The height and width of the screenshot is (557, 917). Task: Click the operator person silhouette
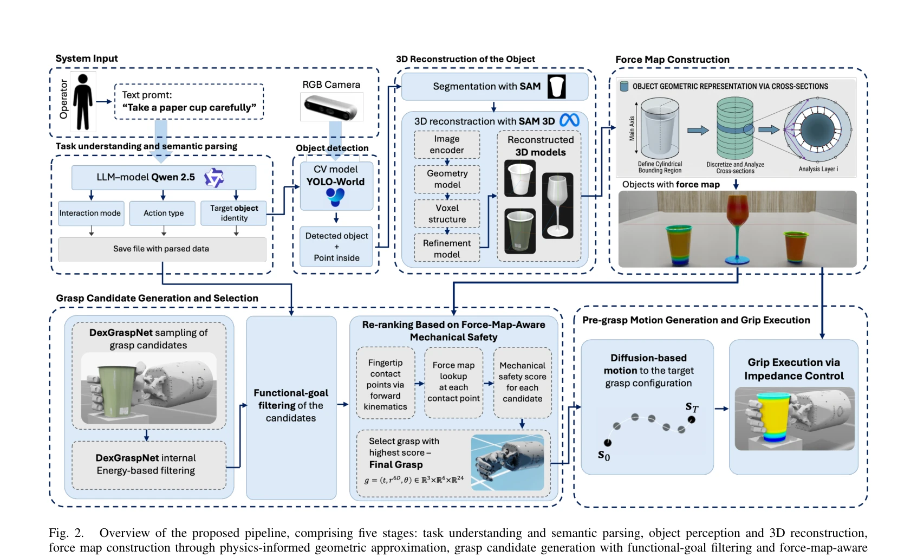coord(83,101)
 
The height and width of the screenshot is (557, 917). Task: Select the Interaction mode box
coord(91,213)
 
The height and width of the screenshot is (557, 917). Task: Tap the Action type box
coord(162,213)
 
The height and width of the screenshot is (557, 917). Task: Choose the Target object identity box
coord(234,213)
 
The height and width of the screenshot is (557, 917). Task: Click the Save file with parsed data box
coord(162,249)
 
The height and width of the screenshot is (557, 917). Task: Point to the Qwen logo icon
coord(214,178)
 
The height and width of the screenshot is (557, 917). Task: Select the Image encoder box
coord(447,145)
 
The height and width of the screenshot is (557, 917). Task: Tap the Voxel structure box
coord(447,213)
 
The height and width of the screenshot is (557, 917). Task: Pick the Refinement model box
coord(447,248)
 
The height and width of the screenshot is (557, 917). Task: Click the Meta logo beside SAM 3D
coord(569,120)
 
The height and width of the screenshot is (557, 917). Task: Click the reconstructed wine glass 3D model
coord(557,205)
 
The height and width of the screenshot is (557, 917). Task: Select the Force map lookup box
coord(453,382)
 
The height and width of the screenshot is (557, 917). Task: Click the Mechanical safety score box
coord(522,382)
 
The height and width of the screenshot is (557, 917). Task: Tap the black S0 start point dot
coord(608,442)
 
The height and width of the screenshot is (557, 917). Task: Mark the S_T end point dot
coord(692,419)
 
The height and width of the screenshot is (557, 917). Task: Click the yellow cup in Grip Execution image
coord(773,417)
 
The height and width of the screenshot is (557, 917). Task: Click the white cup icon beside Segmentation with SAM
coord(556,86)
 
